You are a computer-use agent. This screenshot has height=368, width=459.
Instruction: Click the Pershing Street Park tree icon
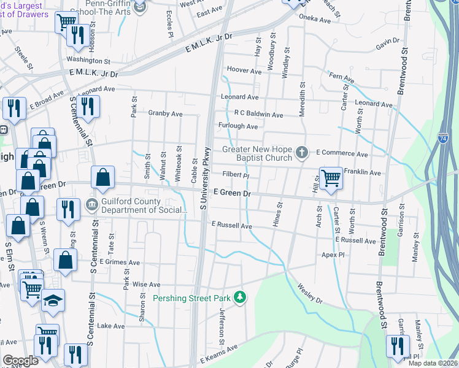tap(241, 298)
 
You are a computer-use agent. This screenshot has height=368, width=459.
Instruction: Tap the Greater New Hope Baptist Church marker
tap(301, 151)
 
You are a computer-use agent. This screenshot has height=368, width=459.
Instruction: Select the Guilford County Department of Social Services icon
tap(91, 204)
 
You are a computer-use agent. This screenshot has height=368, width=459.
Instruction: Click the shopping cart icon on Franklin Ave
tap(331, 178)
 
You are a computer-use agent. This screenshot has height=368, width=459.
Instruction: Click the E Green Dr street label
tap(233, 193)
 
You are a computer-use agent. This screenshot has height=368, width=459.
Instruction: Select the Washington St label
tap(88, 61)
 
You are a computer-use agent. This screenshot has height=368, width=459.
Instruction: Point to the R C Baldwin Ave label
tap(258, 115)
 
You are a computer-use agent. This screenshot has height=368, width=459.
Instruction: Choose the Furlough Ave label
tap(238, 126)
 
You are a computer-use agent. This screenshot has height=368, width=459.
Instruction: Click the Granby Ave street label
tap(165, 113)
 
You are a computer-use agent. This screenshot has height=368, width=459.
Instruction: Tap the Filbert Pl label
tap(236, 175)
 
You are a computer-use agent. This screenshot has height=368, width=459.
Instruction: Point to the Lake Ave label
tap(110, 326)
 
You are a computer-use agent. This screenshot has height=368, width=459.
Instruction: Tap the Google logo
tap(21, 361)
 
